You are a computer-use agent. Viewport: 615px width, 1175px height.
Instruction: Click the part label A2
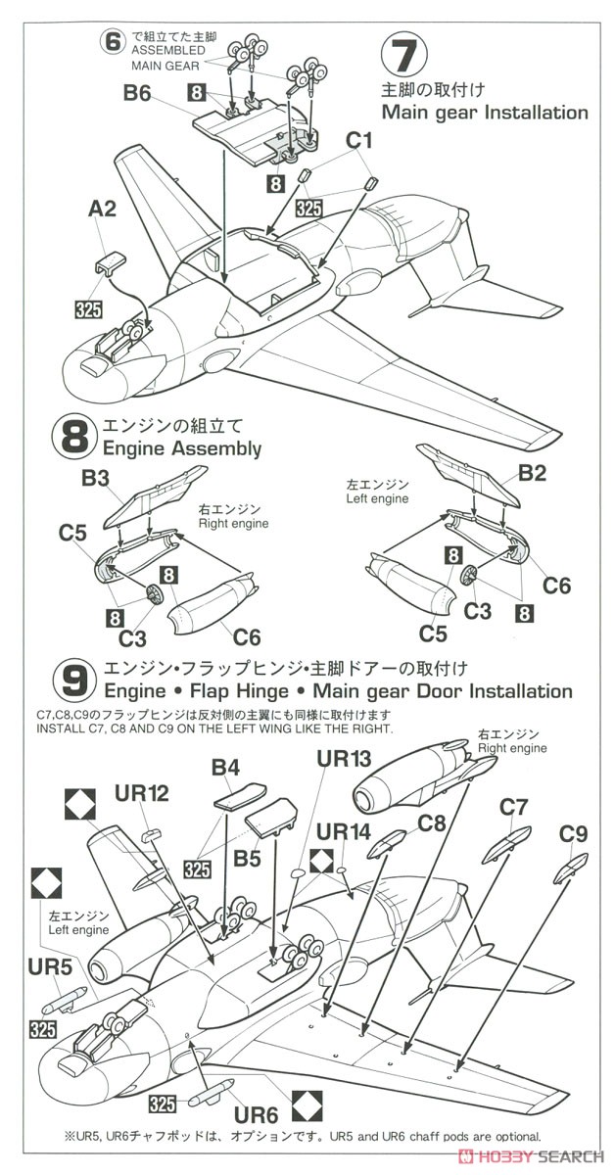(x=102, y=209)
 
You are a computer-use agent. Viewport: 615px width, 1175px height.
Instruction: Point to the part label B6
(x=137, y=94)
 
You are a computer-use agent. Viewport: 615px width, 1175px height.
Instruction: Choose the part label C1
(x=359, y=140)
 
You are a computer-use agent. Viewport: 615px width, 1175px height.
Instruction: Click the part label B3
(x=96, y=479)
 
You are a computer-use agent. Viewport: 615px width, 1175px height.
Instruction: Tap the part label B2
(x=532, y=474)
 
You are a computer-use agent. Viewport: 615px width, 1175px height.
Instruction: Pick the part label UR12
(x=142, y=794)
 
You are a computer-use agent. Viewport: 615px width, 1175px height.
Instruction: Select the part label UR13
(x=344, y=759)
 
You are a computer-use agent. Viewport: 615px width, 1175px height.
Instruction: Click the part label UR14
(x=344, y=831)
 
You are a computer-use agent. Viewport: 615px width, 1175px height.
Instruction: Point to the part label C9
(x=573, y=834)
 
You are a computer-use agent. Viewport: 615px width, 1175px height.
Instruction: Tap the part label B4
(x=225, y=768)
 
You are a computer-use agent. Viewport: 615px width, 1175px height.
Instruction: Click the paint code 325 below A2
(x=88, y=309)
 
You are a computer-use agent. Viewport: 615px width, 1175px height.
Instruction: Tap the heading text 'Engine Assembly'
(x=182, y=449)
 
